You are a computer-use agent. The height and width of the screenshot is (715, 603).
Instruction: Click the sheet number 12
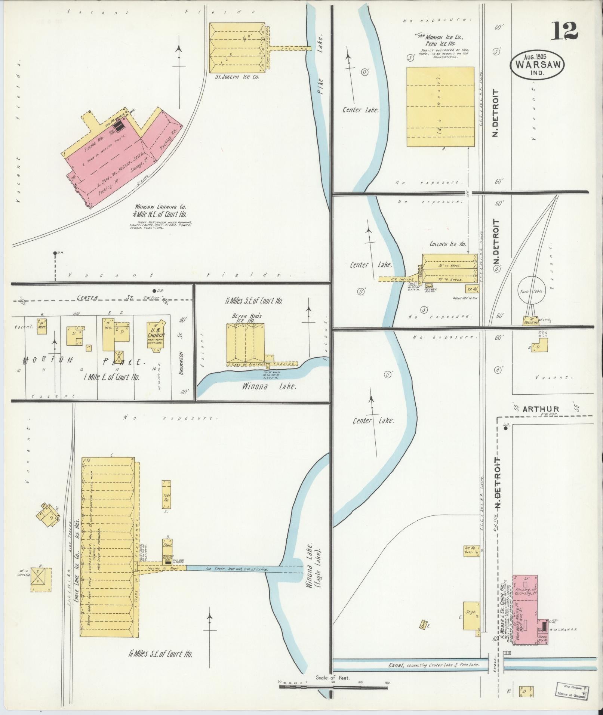click(x=564, y=31)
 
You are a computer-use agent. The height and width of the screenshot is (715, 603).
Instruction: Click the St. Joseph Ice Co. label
click(x=237, y=77)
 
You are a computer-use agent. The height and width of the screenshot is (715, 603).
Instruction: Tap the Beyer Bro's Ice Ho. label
click(x=247, y=318)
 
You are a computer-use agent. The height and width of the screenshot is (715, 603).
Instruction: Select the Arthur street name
click(x=541, y=409)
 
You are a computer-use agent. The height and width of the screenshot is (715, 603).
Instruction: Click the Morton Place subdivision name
click(x=82, y=361)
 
